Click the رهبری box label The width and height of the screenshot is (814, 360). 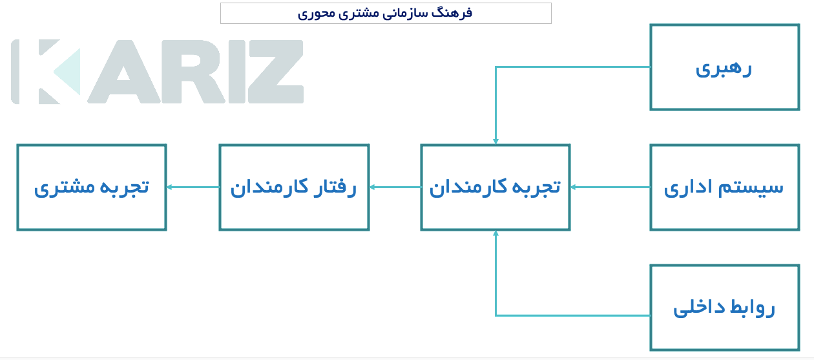(x=724, y=69)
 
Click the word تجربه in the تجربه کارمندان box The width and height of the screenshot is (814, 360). (x=536, y=187)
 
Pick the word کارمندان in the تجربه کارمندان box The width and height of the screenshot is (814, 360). (x=468, y=187)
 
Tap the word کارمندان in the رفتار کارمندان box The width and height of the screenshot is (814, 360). (x=269, y=187)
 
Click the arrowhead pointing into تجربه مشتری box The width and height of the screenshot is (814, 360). (x=169, y=187)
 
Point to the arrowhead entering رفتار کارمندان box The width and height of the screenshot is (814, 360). (x=372, y=187)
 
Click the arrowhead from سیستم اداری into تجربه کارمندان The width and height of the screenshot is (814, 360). (x=573, y=187)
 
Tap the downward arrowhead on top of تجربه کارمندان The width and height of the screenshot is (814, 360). (x=496, y=142)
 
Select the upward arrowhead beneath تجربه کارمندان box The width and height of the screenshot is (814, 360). (x=496, y=233)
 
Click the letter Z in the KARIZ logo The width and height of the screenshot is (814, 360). (x=275, y=72)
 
